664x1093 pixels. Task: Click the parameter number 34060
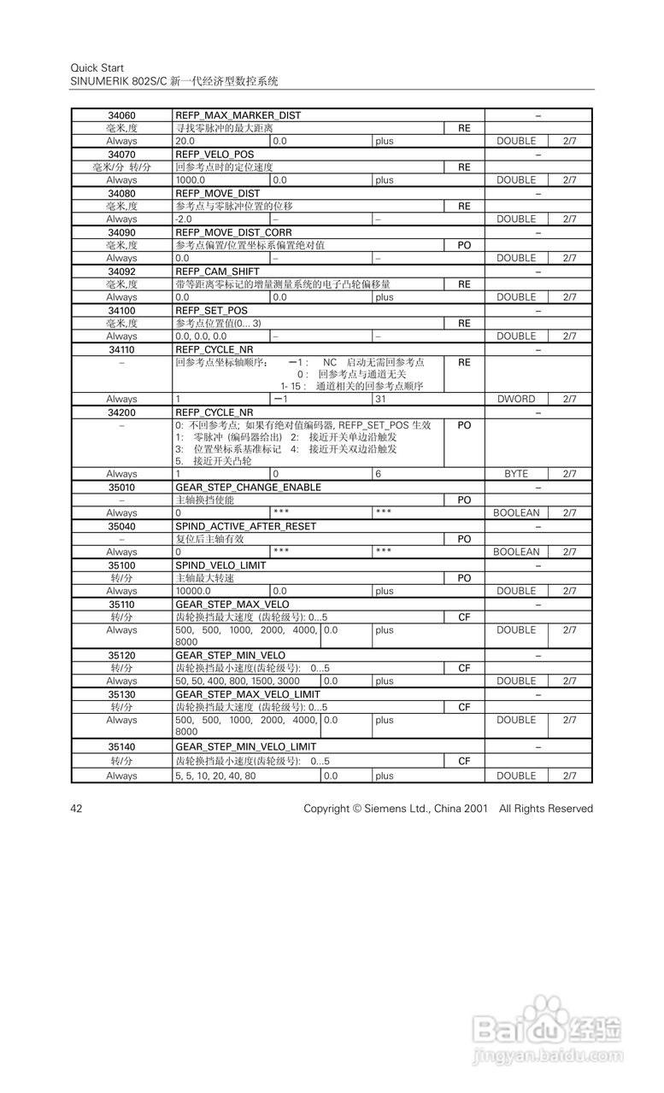coord(121,115)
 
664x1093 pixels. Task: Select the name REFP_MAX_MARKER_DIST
coord(238,115)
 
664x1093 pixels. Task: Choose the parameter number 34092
coord(121,272)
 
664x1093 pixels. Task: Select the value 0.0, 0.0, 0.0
coord(201,336)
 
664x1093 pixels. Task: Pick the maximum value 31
coord(381,399)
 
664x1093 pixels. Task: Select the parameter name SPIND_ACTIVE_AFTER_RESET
coord(245,526)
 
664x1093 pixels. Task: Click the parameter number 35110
coord(121,604)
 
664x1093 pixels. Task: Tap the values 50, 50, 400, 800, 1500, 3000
coord(238,681)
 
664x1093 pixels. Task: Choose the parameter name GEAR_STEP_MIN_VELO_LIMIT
coord(245,746)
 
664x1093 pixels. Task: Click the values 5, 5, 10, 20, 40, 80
coord(214,776)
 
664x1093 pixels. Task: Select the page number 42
coord(76,809)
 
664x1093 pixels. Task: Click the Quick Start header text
coord(96,67)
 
